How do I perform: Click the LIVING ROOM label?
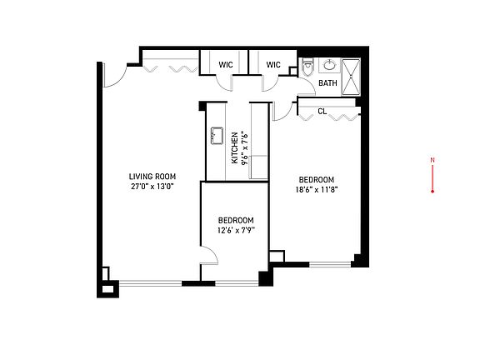coord(152,177)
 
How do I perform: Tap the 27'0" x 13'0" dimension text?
coord(152,187)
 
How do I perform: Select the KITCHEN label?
coord(234,147)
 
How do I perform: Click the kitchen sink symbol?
coord(217,136)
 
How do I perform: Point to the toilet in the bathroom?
coord(307,67)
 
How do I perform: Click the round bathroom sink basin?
coord(329,65)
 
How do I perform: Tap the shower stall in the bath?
coord(351,77)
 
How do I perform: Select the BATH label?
coord(327,83)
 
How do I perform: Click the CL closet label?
coord(322,112)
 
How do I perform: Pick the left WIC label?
coord(226,65)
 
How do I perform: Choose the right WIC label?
coord(273,65)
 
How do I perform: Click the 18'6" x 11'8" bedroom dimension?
coord(317,190)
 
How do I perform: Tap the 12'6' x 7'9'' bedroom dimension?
coord(236,231)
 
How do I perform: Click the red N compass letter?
coord(432,160)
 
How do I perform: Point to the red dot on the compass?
coord(432,192)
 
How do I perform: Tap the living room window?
coord(150,283)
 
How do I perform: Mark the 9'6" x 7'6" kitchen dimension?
coord(244,147)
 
